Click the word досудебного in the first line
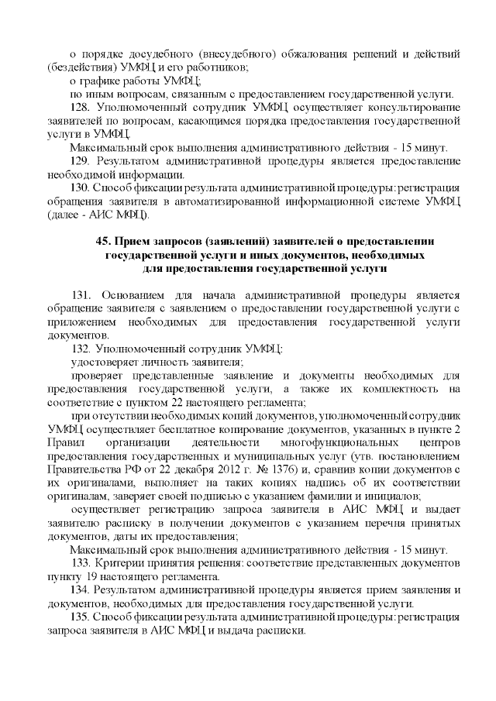tap(162, 55)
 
